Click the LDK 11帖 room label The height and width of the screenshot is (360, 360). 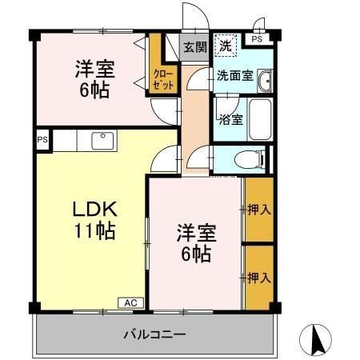95,221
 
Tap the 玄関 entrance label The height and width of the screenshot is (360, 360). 194,47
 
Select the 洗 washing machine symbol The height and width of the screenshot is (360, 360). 226,46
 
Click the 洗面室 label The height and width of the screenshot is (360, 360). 235,77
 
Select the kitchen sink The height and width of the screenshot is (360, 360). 102,142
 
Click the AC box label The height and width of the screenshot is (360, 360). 130,302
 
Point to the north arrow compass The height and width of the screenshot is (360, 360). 315,339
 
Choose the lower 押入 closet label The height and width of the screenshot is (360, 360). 258,277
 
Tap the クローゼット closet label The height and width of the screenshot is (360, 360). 162,79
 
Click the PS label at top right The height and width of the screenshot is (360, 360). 257,38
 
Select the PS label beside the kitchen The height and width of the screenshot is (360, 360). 42,141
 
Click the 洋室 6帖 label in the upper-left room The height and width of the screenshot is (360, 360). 94,77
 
